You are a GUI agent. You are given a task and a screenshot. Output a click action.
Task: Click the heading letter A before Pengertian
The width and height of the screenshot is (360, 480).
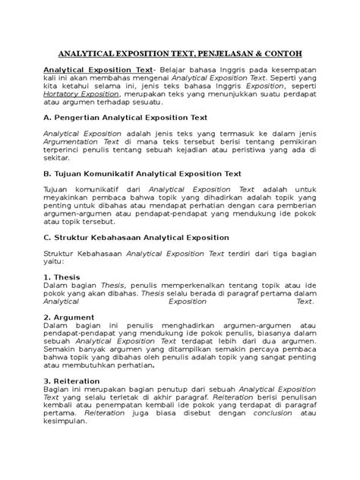[45, 118]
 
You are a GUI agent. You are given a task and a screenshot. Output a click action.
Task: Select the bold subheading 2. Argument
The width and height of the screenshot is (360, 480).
[68, 317]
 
